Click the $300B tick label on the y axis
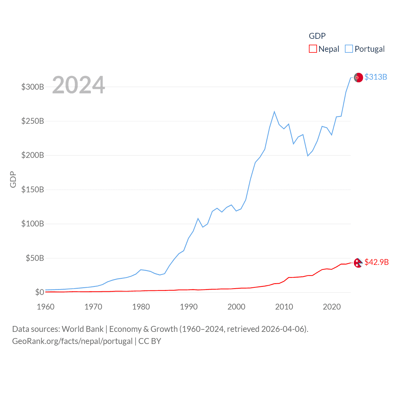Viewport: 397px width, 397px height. click(33, 87)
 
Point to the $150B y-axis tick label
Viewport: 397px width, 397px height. click(33, 190)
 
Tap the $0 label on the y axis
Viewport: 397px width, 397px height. click(40, 292)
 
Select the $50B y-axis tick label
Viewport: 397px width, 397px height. click(35, 258)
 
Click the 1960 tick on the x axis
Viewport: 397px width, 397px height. click(46, 307)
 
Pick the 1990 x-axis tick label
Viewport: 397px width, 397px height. click(189, 307)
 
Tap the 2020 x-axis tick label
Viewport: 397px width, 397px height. click(332, 307)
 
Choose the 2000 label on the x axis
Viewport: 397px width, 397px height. click(236, 307)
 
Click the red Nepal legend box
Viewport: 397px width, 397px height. click(313, 49)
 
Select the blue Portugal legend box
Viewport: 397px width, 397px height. click(349, 49)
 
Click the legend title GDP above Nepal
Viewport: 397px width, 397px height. click(317, 36)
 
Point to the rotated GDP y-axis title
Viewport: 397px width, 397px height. click(13, 179)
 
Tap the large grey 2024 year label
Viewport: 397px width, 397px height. click(78, 85)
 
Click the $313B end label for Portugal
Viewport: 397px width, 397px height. click(376, 77)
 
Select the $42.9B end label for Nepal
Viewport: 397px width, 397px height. click(377, 262)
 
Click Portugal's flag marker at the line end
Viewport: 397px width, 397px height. click(358, 78)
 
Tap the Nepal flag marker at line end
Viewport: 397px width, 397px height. click(358, 263)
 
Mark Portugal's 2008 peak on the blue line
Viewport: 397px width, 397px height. click(274, 112)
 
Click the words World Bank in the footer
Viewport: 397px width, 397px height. click(83, 329)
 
